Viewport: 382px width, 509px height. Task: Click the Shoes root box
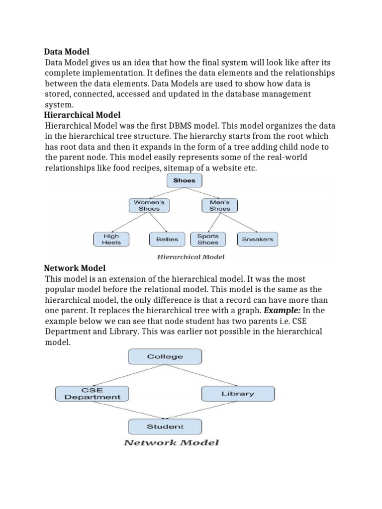(x=185, y=180)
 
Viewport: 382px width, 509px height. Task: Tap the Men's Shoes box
(x=219, y=205)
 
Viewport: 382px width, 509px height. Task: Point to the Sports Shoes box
(x=208, y=239)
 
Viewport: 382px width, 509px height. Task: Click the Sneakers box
(x=257, y=240)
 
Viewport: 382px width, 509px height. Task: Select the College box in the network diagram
(x=165, y=356)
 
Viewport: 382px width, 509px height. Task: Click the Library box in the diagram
(x=237, y=394)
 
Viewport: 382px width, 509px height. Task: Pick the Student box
(x=165, y=426)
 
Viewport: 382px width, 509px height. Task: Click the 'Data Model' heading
(x=67, y=51)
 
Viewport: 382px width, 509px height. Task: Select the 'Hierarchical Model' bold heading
(x=83, y=115)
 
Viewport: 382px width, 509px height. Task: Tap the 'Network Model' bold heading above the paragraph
(x=75, y=268)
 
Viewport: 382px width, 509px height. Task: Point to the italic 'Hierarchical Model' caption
(x=191, y=257)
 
